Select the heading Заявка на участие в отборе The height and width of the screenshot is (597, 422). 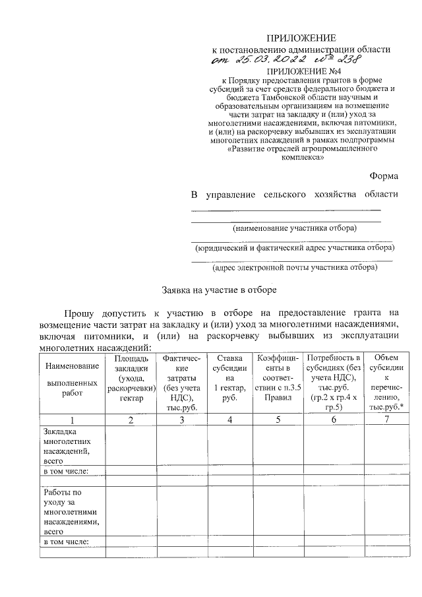pyautogui.click(x=220, y=290)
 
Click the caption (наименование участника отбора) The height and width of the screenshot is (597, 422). pyautogui.click(x=293, y=228)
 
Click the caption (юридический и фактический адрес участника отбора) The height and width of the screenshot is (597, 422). pyautogui.click(x=294, y=248)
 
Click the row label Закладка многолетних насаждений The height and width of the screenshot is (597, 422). pyautogui.click(x=66, y=447)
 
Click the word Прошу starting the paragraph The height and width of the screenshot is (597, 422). pyautogui.click(x=80, y=313)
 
